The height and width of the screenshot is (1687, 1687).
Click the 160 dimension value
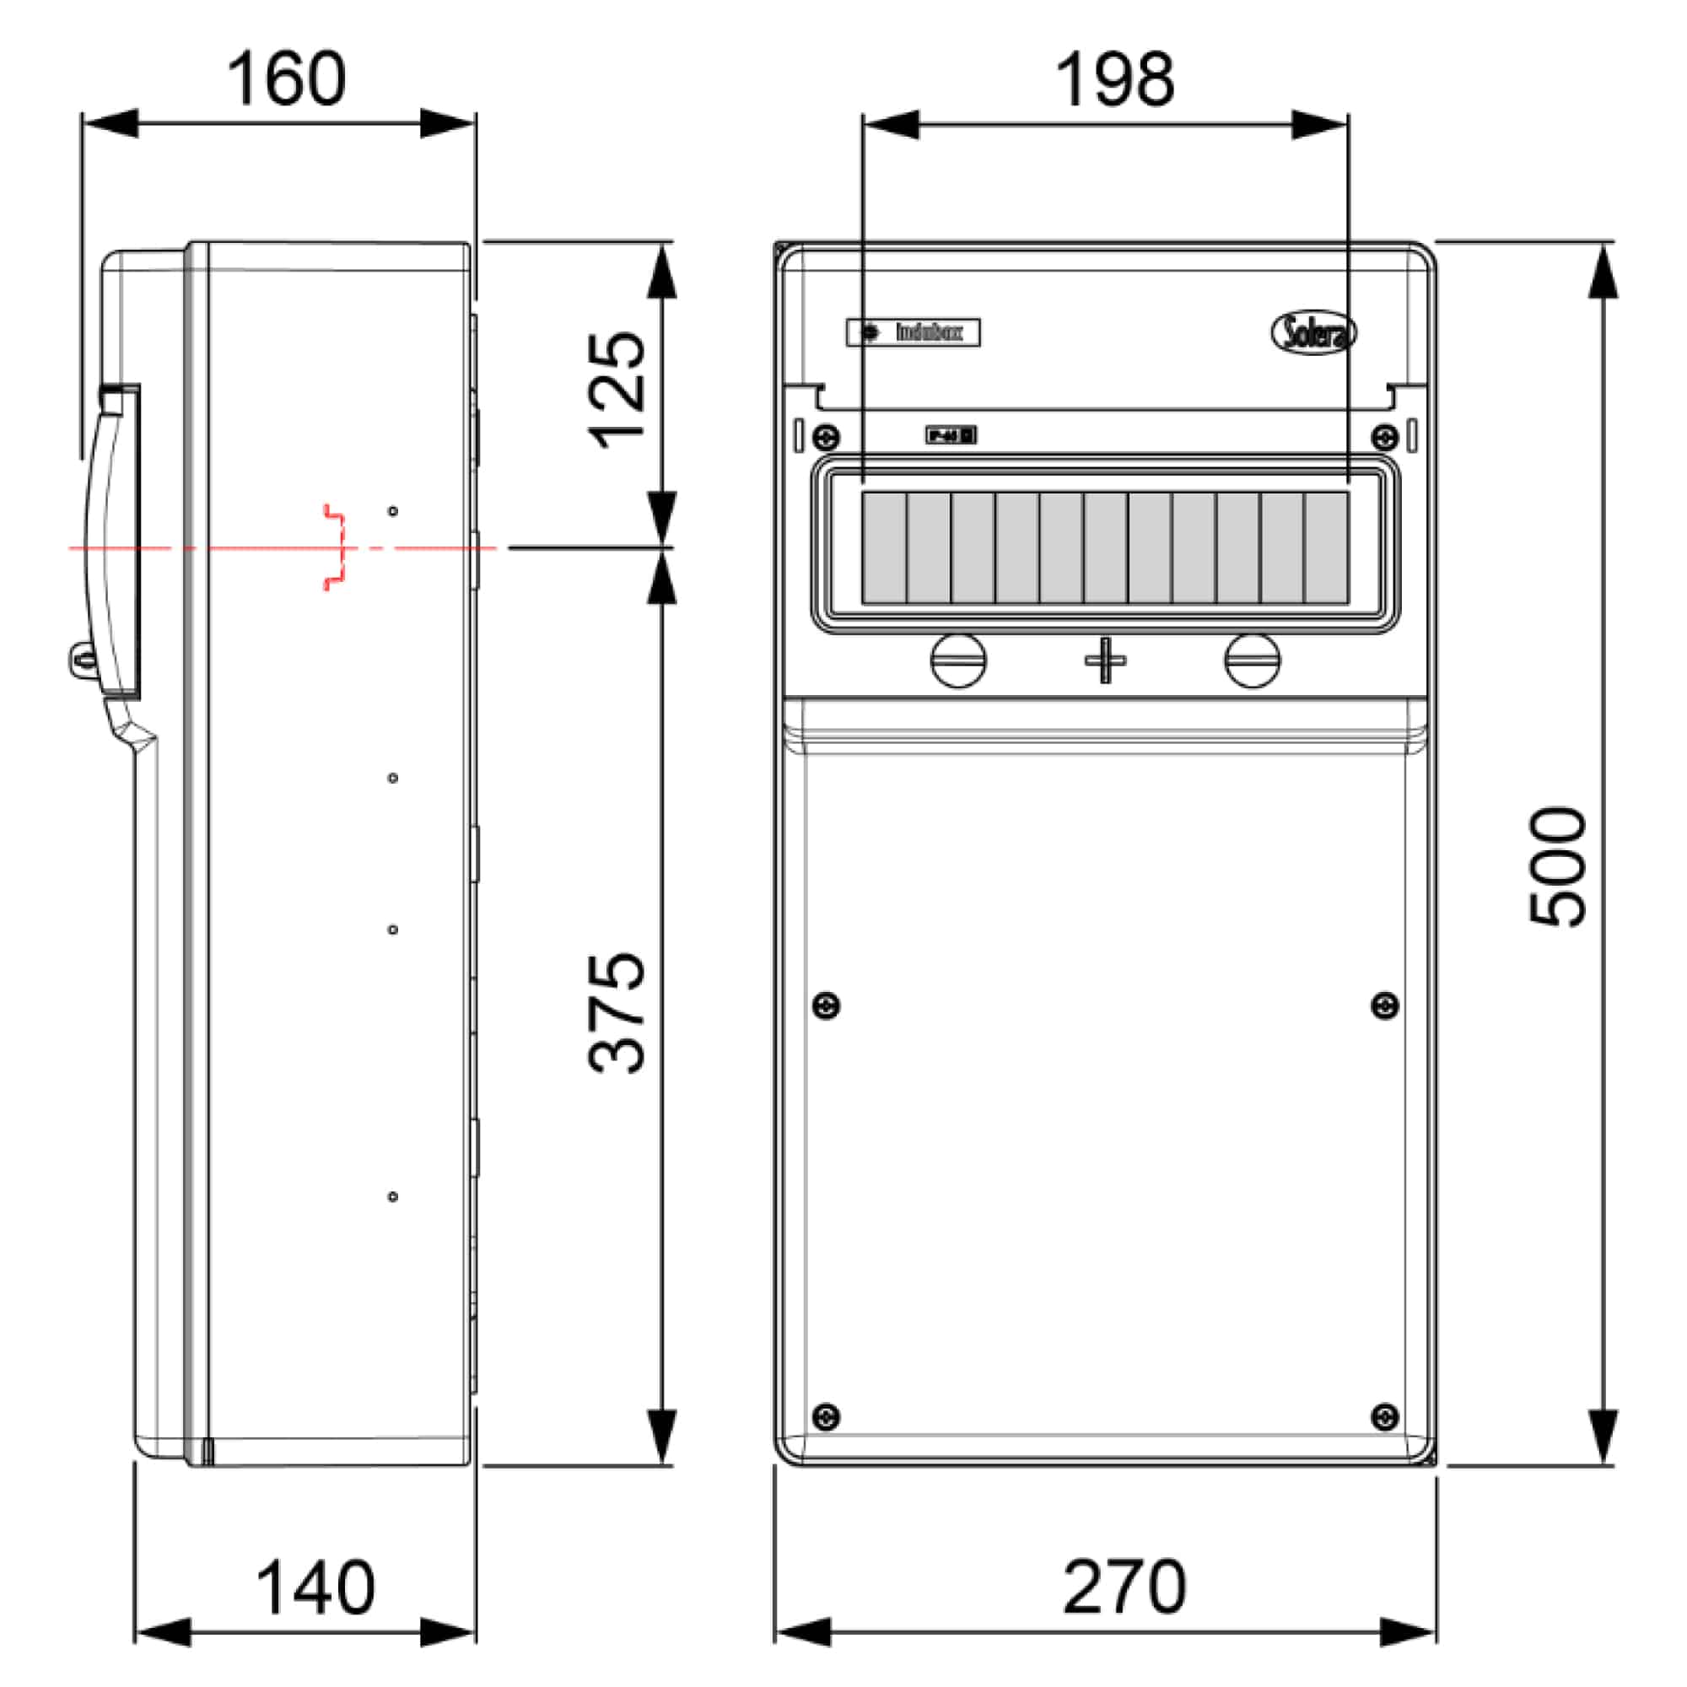coord(287,79)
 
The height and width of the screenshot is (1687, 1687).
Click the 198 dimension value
coord(1114,80)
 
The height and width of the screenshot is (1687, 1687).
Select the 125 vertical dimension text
coord(618,391)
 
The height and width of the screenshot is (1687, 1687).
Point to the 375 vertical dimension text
coord(618,1013)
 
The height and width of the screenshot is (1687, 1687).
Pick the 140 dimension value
coord(315,1588)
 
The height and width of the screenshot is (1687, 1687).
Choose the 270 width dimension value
coord(1124,1587)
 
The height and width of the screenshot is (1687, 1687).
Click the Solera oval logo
coord(1312,332)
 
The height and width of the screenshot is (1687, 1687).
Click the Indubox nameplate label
coord(913,332)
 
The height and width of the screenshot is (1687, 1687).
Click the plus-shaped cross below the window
coord(1105,660)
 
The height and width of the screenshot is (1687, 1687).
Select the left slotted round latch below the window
coord(959,660)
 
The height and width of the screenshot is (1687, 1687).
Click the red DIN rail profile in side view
coord(336,547)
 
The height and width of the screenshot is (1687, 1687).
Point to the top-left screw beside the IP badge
coord(825,436)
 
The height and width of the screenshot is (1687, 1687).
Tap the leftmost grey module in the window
coord(884,547)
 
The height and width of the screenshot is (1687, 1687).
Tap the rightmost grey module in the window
coord(1326,547)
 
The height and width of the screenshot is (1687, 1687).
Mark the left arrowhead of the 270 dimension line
coord(801,1632)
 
